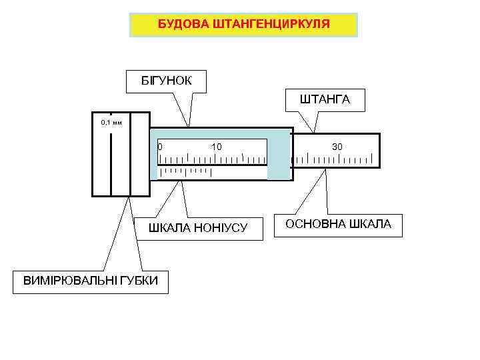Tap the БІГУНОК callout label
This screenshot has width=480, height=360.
tap(166, 81)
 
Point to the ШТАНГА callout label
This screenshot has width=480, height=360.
tap(325, 99)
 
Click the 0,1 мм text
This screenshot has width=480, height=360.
tap(111, 123)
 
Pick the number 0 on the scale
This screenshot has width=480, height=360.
tap(159, 146)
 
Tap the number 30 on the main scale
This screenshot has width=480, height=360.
tap(337, 146)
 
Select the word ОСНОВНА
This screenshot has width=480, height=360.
tap(315, 224)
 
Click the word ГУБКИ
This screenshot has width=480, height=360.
tap(139, 281)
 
